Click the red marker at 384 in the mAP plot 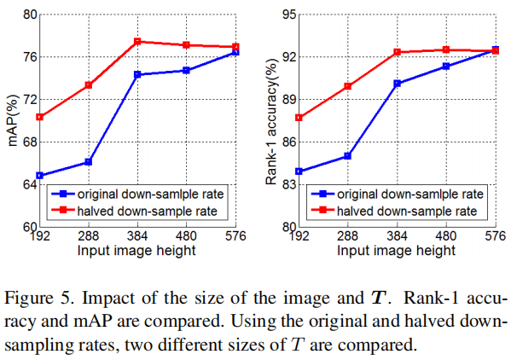(137, 42)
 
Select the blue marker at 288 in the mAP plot (88, 162)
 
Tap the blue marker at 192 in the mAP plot (40, 176)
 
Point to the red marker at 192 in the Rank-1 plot (299, 118)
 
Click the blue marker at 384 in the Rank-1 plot (397, 84)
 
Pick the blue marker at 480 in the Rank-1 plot (445, 67)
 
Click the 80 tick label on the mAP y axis (28, 15)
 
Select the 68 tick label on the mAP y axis (28, 142)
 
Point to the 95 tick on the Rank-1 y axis (287, 15)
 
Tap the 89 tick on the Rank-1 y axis (287, 100)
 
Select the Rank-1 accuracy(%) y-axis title (270, 121)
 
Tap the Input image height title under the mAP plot (136, 252)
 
